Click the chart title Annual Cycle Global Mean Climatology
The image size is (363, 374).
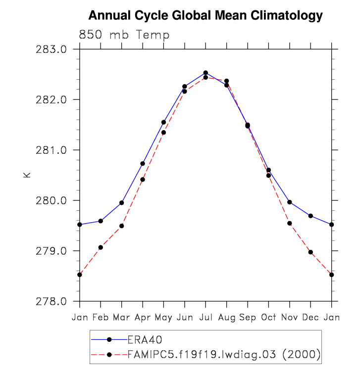click(206, 16)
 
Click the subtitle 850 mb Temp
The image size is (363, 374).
click(124, 35)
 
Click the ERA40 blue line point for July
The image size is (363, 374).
click(206, 73)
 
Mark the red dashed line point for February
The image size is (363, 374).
click(101, 247)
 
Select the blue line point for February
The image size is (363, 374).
click(101, 221)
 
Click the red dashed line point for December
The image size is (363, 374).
click(311, 252)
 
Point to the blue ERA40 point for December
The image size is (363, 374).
click(311, 216)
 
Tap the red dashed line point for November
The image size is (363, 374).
click(290, 224)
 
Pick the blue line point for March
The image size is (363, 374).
click(121, 203)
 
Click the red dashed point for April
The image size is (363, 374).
click(143, 180)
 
